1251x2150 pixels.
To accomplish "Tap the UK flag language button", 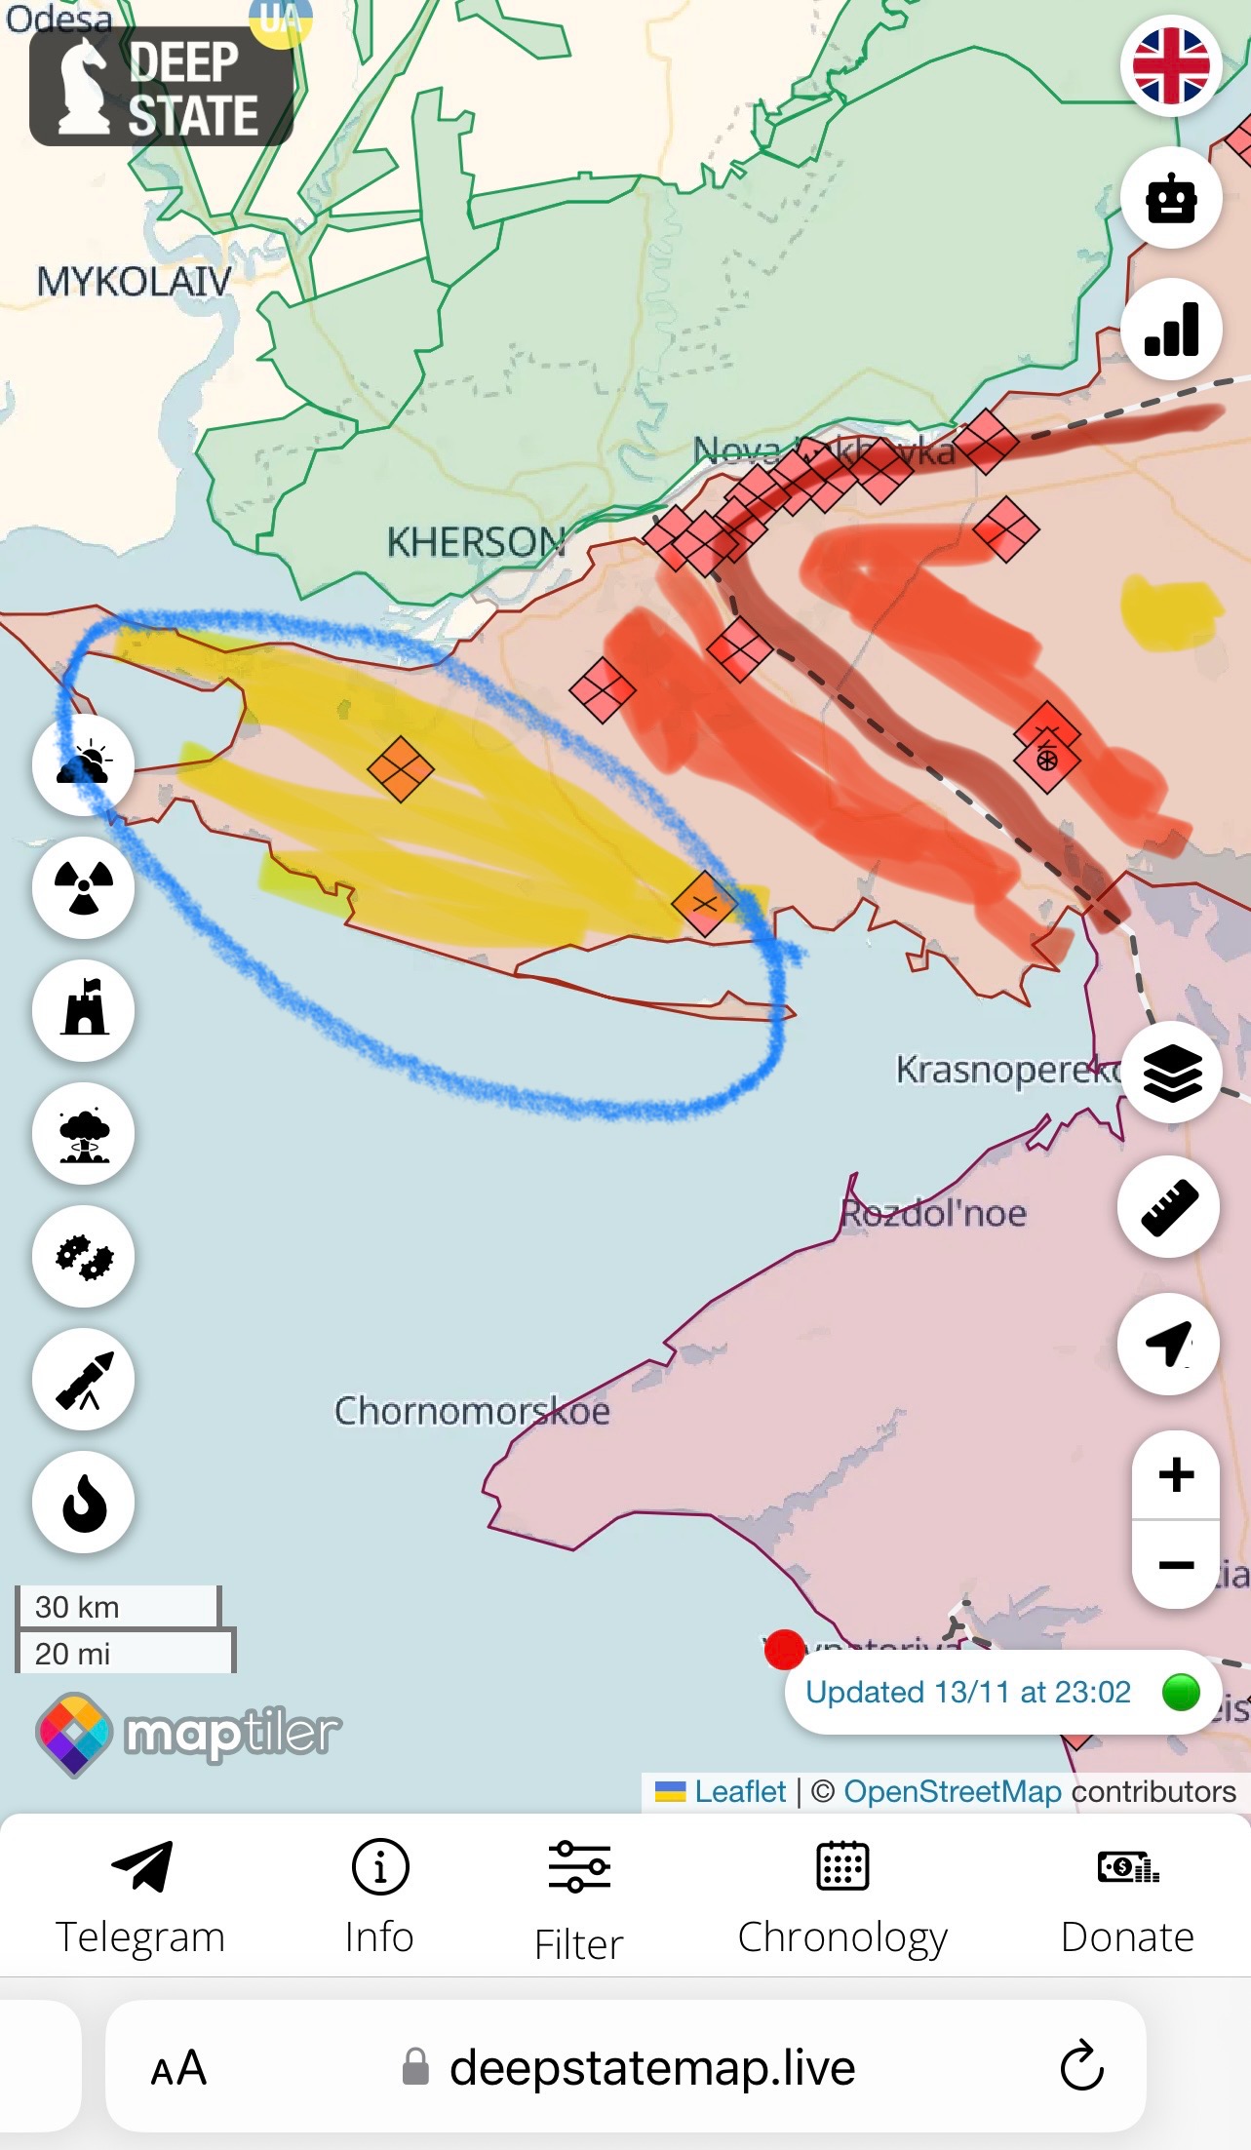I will click(x=1171, y=65).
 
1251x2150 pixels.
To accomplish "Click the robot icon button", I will click(x=1171, y=198).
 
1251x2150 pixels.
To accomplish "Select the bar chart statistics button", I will click(x=1171, y=330).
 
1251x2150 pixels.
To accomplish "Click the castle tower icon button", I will click(x=84, y=1010).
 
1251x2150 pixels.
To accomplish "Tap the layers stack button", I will click(x=1171, y=1073).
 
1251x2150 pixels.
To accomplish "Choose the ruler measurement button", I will click(x=1168, y=1207).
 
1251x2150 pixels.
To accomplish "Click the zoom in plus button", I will click(x=1176, y=1474).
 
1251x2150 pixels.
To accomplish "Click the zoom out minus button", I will click(x=1176, y=1565).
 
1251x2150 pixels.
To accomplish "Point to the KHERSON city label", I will click(x=476, y=542).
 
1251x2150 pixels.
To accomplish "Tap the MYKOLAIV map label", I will click(x=135, y=282).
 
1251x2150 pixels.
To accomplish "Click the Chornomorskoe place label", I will click(x=472, y=1411).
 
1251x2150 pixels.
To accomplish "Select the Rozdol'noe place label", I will click(x=933, y=1214).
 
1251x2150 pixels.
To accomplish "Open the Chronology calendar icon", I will click(x=842, y=1866).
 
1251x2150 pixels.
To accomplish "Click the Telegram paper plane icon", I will click(x=141, y=1866).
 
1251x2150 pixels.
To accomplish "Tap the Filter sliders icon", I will click(x=579, y=1866).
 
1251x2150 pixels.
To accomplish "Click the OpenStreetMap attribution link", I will click(x=952, y=1791).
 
